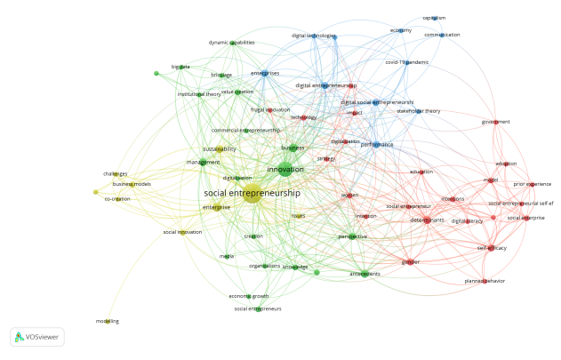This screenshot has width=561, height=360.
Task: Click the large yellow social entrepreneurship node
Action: (x=252, y=193)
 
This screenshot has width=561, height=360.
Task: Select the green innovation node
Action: (x=285, y=169)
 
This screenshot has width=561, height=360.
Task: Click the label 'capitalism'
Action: (x=434, y=18)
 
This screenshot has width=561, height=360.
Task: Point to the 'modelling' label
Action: (x=108, y=321)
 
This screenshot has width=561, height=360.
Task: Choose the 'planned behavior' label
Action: (x=485, y=281)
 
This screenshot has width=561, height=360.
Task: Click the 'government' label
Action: (x=495, y=122)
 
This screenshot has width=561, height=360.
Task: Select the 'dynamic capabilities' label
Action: (x=231, y=43)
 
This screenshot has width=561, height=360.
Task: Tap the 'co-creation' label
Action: (x=117, y=199)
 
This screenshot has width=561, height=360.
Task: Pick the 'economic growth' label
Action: (x=249, y=296)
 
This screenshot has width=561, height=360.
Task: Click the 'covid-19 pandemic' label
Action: (x=406, y=63)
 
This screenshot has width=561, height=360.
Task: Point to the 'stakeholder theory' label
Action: (x=418, y=111)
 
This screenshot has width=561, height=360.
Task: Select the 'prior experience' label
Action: (x=533, y=184)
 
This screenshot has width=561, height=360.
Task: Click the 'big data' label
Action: (x=180, y=67)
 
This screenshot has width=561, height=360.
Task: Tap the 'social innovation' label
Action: (x=182, y=232)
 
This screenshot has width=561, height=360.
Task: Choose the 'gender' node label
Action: (x=411, y=262)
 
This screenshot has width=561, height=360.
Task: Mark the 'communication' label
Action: (x=442, y=35)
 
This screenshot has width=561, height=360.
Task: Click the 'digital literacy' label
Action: (x=467, y=220)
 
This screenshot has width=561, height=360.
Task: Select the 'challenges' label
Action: (x=116, y=174)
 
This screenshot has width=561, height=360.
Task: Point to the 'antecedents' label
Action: (x=365, y=274)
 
